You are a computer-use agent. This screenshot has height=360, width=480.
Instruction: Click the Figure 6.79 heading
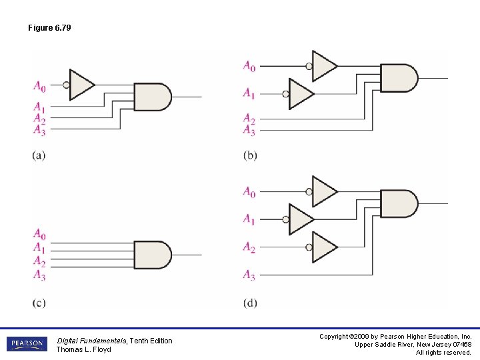pyautogui.click(x=49, y=28)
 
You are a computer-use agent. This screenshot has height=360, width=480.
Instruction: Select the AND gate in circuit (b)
pyautogui.click(x=398, y=78)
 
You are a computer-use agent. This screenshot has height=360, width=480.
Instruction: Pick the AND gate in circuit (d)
pyautogui.click(x=398, y=203)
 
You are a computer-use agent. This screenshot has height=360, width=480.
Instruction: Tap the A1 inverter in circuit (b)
pyautogui.click(x=301, y=94)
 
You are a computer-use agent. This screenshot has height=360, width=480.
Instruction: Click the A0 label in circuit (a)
pyautogui.click(x=40, y=85)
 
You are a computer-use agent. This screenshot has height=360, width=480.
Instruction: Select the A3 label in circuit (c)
pyautogui.click(x=40, y=275)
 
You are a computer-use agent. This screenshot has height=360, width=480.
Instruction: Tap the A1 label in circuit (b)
pyautogui.click(x=249, y=93)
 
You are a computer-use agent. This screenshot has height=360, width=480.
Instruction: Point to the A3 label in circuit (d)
pyautogui.click(x=249, y=275)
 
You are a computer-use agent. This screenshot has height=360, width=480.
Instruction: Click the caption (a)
pyautogui.click(x=39, y=156)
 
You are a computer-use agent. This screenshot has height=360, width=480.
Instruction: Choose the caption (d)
pyautogui.click(x=250, y=303)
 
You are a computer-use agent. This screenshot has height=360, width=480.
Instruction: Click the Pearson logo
pyautogui.click(x=26, y=344)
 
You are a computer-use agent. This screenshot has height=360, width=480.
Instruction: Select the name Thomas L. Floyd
pyautogui.click(x=83, y=349)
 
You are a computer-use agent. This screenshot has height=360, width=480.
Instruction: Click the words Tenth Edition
pyautogui.click(x=151, y=341)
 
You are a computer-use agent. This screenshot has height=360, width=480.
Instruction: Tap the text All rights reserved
pyautogui.click(x=443, y=352)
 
